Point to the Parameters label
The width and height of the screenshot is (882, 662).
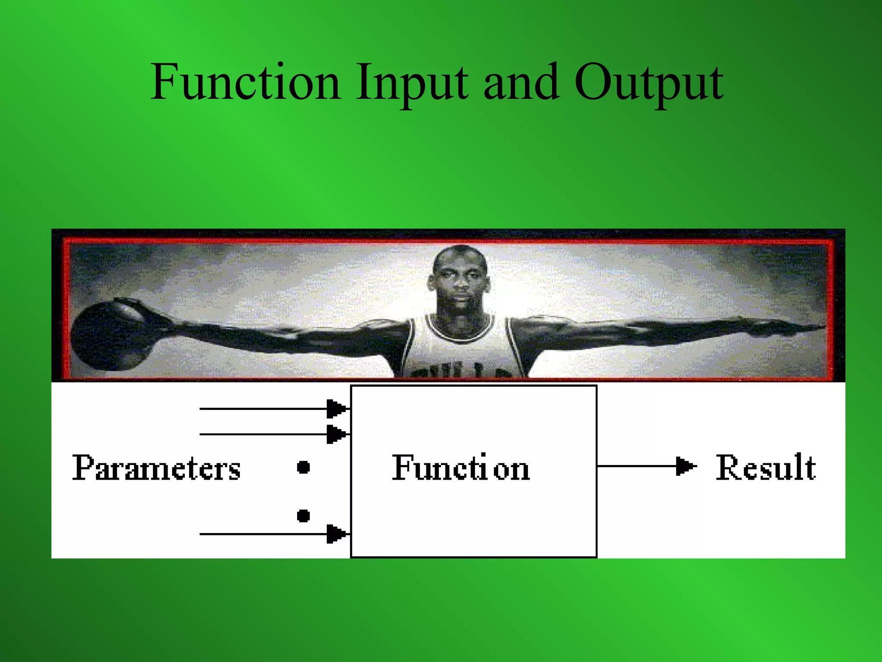(156, 468)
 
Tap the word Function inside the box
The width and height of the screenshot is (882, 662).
(461, 468)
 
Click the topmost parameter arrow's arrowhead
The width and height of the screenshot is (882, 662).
(337, 409)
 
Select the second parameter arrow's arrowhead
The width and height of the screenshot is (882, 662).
(337, 434)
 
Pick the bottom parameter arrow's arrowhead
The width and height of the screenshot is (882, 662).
(337, 534)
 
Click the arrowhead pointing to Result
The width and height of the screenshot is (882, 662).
(685, 466)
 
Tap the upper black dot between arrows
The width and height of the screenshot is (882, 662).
(304, 467)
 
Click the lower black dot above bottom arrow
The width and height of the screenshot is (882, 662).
(304, 515)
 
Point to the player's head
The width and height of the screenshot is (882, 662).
(460, 278)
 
